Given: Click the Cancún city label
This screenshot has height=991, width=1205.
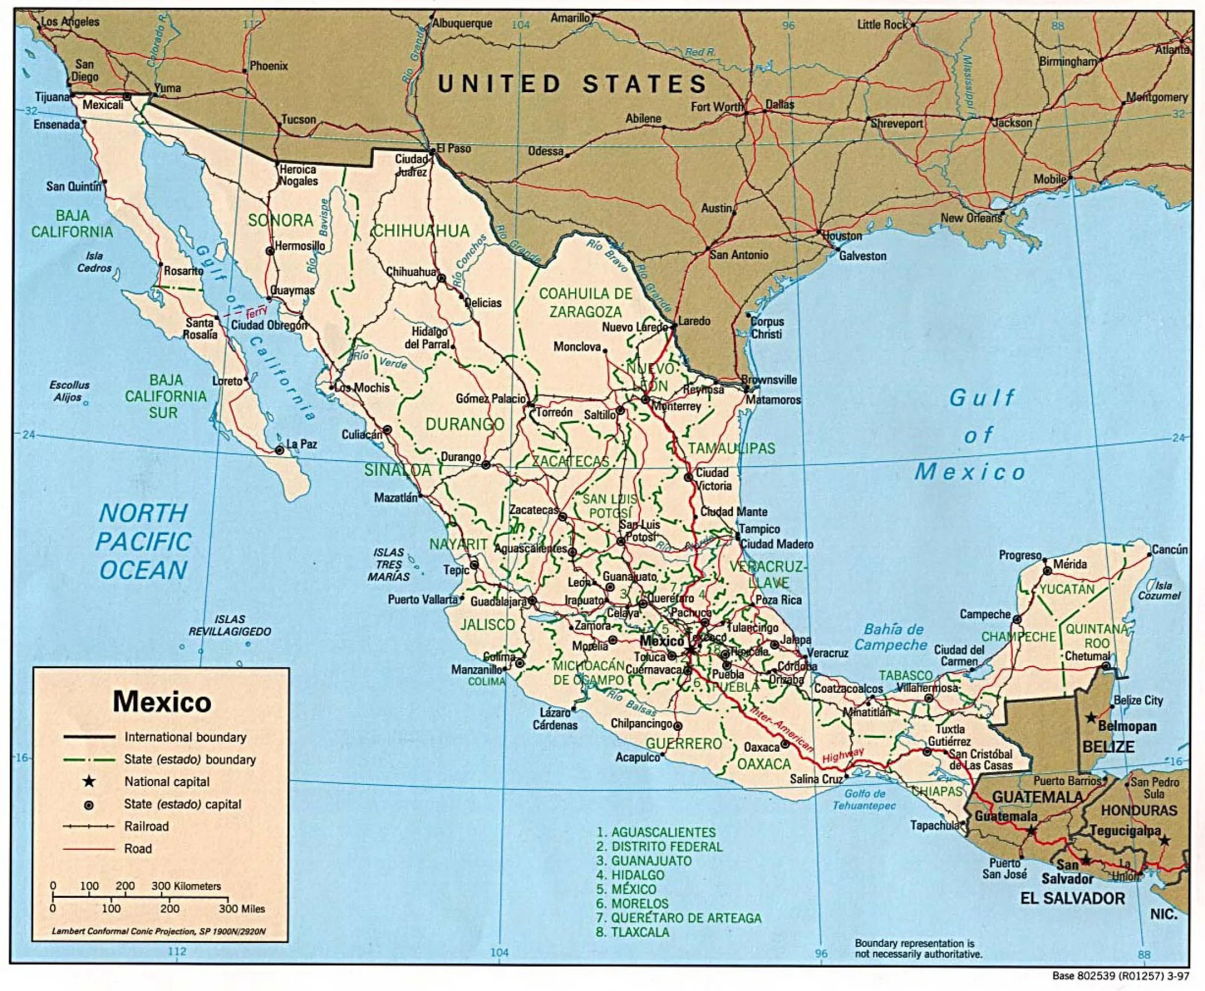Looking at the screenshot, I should pyautogui.click(x=1170, y=549).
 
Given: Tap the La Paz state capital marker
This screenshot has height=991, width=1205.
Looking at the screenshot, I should pyautogui.click(x=279, y=450).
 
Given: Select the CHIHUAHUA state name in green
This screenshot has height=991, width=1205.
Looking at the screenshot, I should pyautogui.click(x=421, y=231).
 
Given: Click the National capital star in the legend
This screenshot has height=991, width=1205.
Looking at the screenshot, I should pyautogui.click(x=89, y=782).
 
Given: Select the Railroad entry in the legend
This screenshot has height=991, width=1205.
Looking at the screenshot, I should pyautogui.click(x=146, y=826).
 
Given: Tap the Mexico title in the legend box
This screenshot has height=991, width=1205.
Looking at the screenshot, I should pyautogui.click(x=162, y=702).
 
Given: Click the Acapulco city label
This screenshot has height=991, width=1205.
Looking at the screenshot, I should pyautogui.click(x=637, y=758).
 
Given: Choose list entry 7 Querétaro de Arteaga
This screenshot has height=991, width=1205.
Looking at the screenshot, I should pyautogui.click(x=679, y=918).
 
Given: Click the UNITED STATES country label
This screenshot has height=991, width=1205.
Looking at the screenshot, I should pyautogui.click(x=573, y=84).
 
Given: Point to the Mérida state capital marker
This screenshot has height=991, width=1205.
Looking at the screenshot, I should pyautogui.click(x=1047, y=570).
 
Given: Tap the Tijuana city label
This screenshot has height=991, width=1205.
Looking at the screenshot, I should pyautogui.click(x=51, y=97).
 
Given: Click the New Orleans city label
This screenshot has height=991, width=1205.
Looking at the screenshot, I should pyautogui.click(x=971, y=217).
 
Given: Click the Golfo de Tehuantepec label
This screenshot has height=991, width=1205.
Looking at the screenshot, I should pyautogui.click(x=864, y=799).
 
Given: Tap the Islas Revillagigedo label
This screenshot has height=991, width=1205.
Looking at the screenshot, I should pyautogui.click(x=230, y=625).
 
